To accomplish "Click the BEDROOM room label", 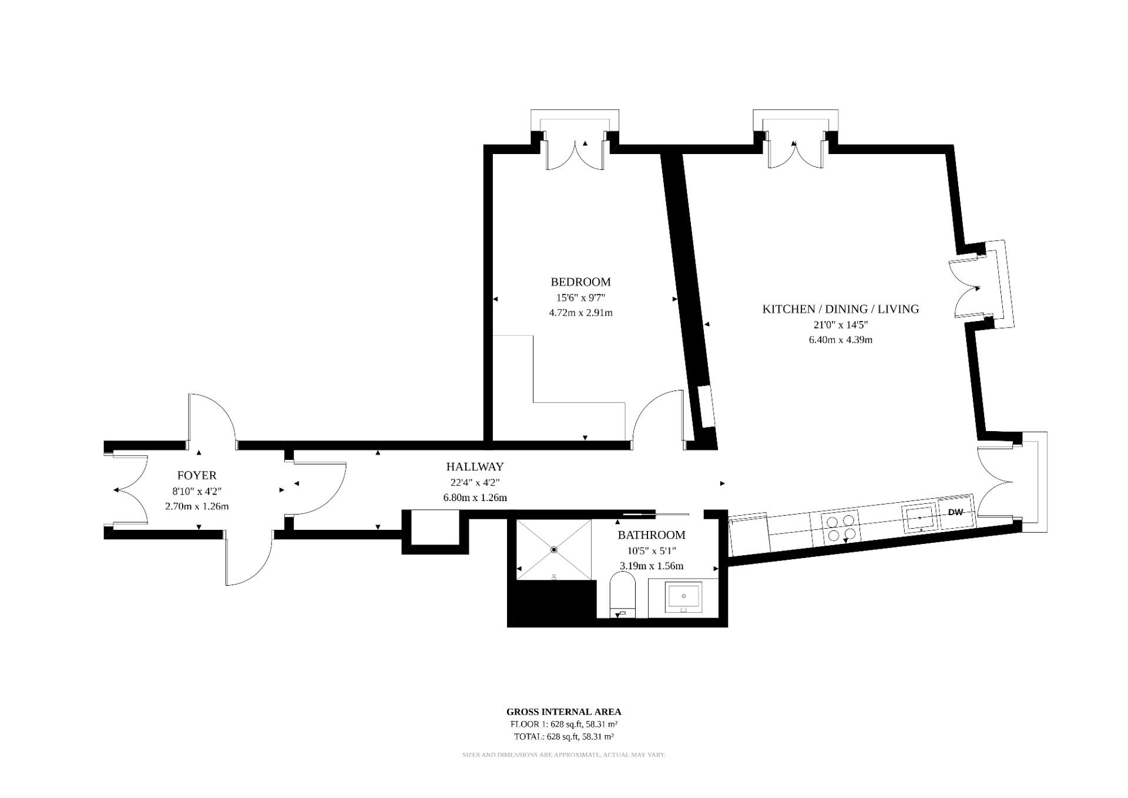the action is coord(580,282).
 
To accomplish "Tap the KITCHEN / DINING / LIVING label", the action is coord(840,309).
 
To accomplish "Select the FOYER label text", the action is coord(197,475).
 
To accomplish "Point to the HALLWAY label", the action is coord(475,467).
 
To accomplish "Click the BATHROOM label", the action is coord(651,535).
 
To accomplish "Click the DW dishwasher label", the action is coord(955,512).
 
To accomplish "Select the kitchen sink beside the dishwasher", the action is coord(919,517).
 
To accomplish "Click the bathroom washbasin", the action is coord(683,597).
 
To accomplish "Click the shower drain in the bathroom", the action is coord(554,550).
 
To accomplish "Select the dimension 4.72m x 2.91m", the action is coord(580,312).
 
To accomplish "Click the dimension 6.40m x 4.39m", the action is coord(840,339).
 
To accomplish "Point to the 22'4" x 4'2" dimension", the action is coord(475,483).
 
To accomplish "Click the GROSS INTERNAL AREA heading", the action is coord(563,712).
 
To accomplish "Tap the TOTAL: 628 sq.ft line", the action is coord(563,736).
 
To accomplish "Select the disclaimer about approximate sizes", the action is coord(563,754).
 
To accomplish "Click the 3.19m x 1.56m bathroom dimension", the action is coord(651,566).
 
